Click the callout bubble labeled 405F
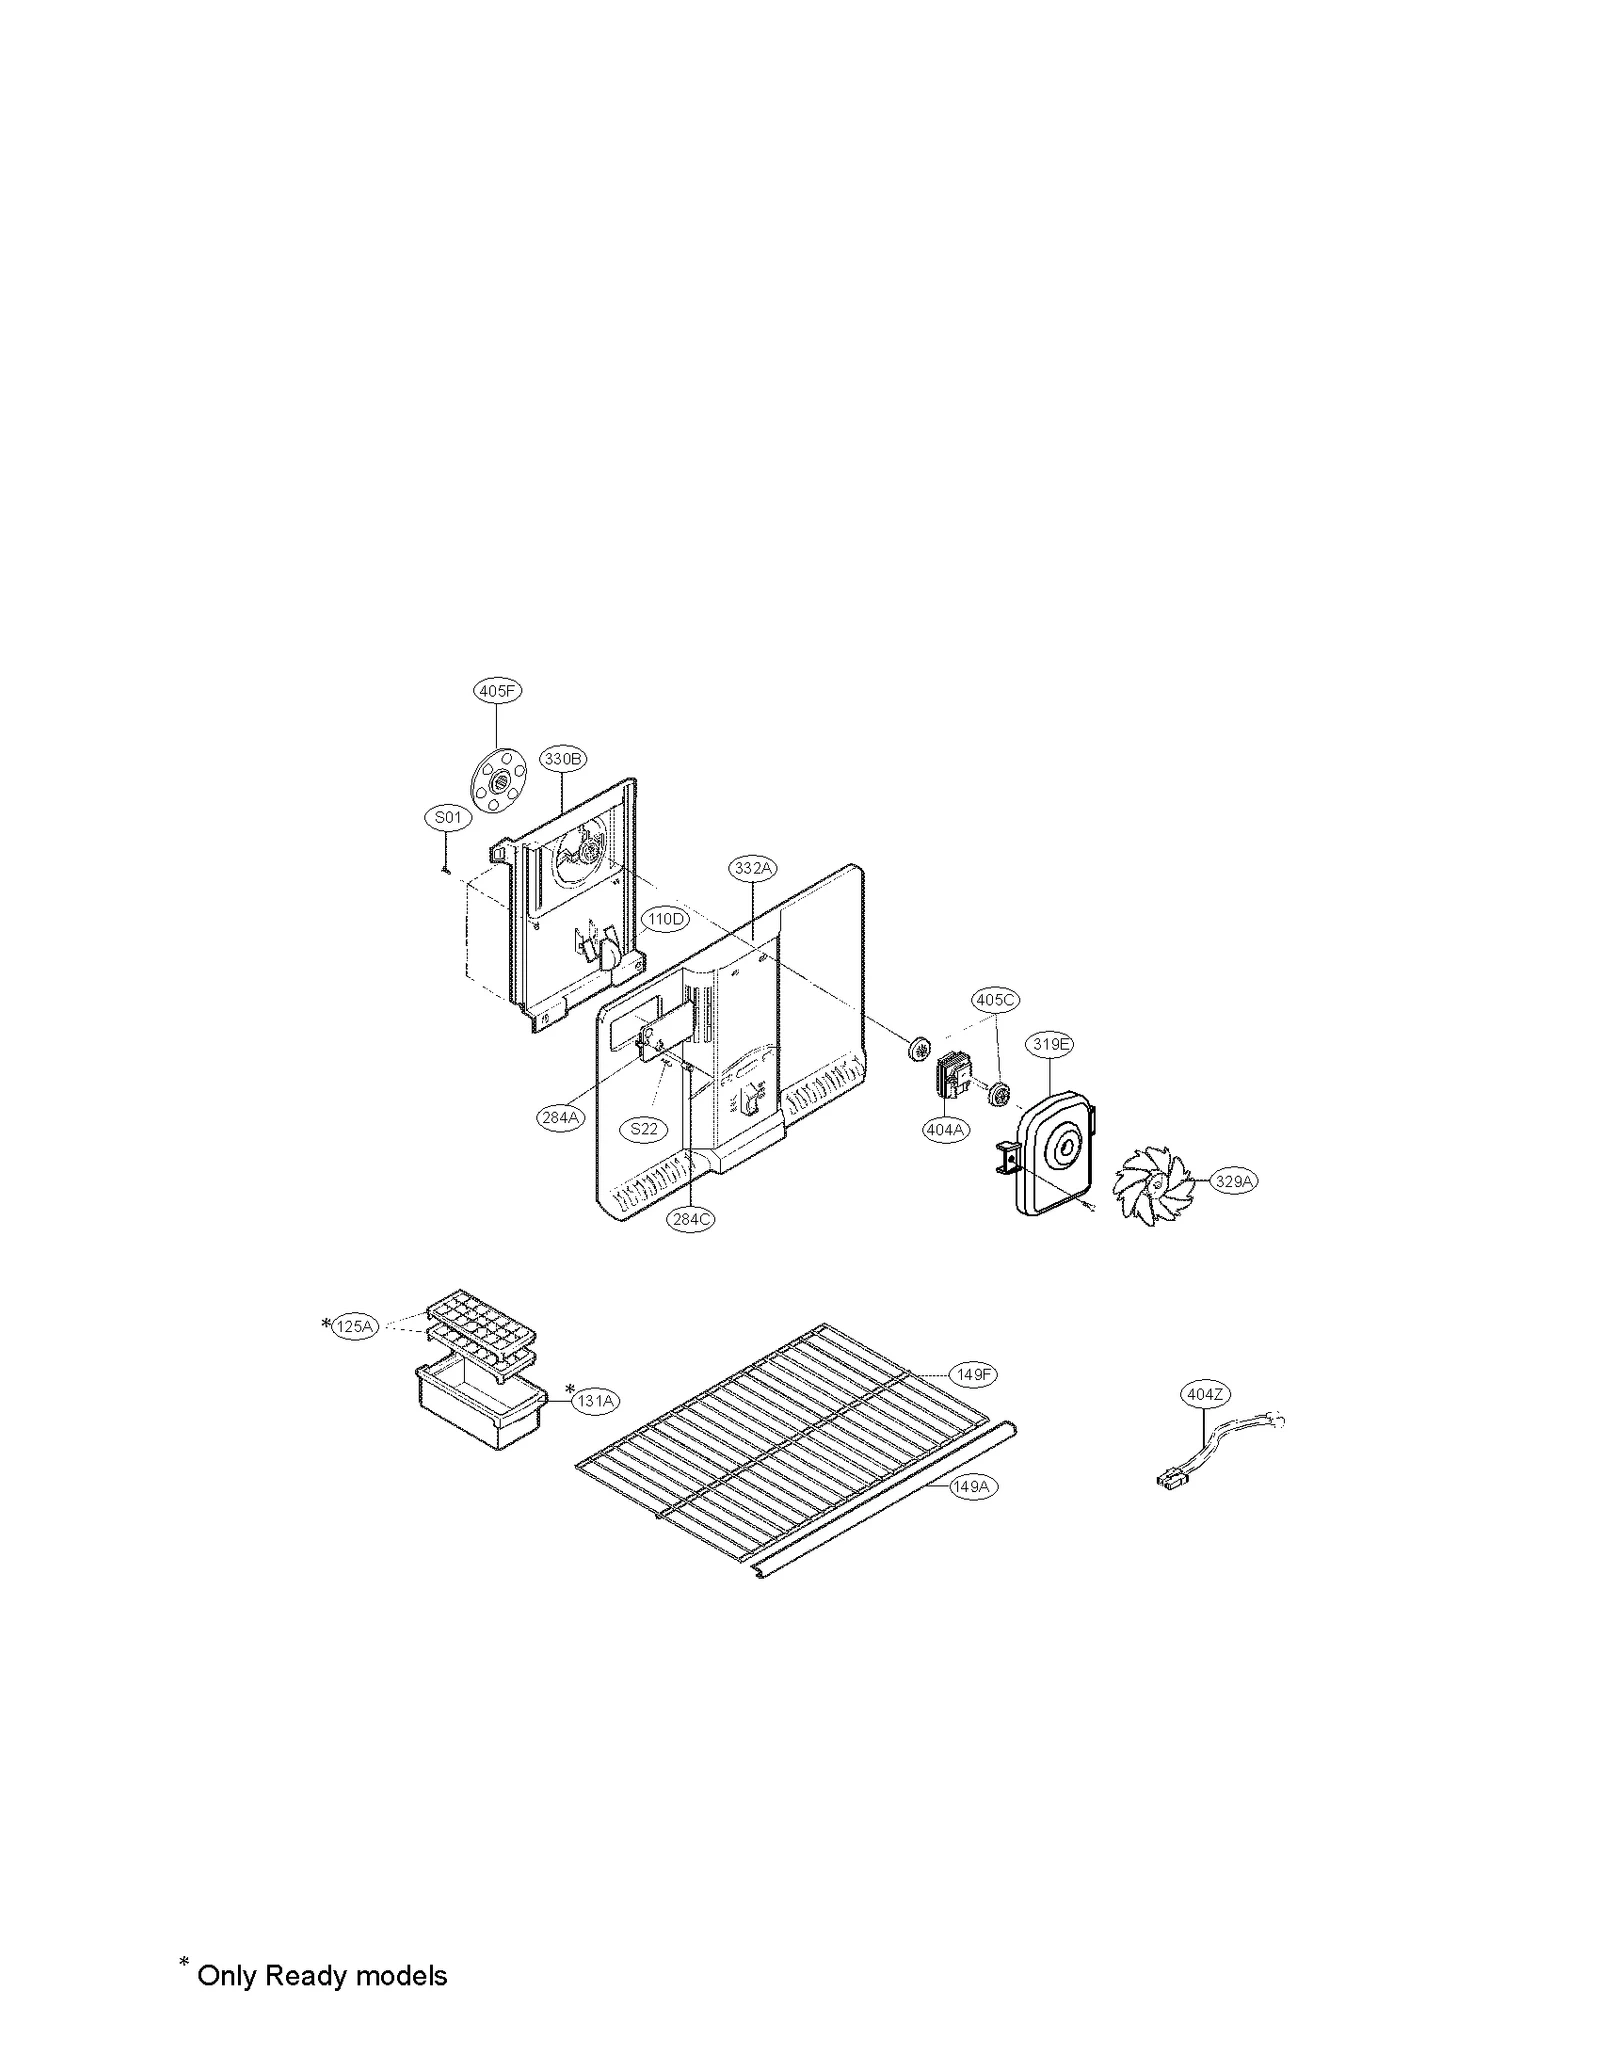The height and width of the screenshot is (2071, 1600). click(497, 691)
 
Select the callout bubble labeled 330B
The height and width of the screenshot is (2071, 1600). click(563, 759)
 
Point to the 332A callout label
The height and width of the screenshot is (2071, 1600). click(753, 869)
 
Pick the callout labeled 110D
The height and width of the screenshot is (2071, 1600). click(666, 919)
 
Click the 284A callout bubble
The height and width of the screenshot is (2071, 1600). click(561, 1117)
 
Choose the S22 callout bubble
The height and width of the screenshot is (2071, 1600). click(644, 1129)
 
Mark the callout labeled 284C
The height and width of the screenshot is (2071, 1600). click(692, 1219)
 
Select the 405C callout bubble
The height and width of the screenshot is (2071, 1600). click(995, 999)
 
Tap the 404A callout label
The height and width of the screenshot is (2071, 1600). click(945, 1129)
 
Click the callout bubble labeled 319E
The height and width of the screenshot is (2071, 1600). click(1051, 1045)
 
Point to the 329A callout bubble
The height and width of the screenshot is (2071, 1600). click(1234, 1181)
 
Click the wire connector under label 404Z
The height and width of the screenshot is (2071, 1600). click(1170, 1476)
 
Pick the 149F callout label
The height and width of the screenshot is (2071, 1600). click(973, 1375)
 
